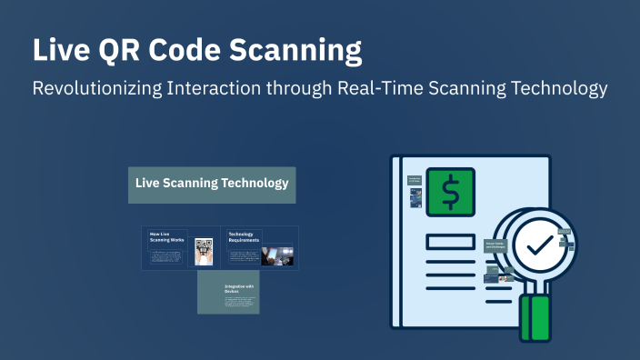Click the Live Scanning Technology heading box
coord(212,184)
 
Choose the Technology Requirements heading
coord(242,237)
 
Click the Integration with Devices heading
coord(239,289)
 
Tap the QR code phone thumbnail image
coord(204,252)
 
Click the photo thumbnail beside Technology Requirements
coord(277,255)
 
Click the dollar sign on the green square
coord(450,193)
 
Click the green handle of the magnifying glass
coord(540,317)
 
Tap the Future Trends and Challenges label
coord(496,245)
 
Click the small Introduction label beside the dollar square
coord(414,181)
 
